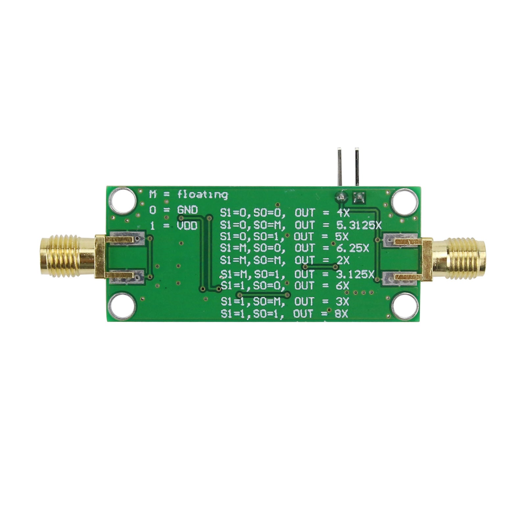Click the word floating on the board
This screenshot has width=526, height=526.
click(203, 195)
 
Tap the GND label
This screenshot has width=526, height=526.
click(188, 210)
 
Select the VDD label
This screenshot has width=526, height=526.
click(188, 226)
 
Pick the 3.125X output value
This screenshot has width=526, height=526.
click(356, 274)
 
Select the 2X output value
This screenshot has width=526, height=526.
click(343, 260)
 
